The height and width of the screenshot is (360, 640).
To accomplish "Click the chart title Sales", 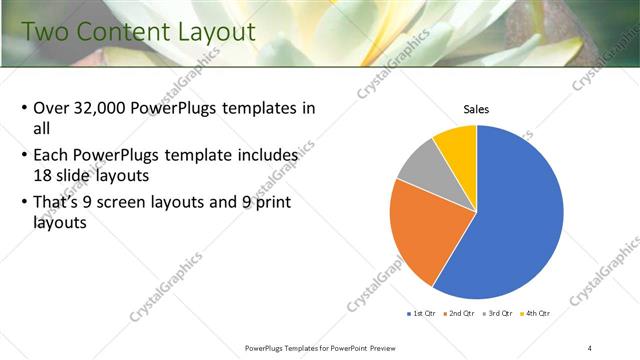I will coord(475,109).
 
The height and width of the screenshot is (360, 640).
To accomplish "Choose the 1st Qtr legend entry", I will coord(422,314).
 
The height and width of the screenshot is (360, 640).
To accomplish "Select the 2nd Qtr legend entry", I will coord(459,314).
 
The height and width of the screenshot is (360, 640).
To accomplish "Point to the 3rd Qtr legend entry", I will coord(497,314).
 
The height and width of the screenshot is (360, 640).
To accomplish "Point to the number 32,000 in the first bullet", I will coord(104,108).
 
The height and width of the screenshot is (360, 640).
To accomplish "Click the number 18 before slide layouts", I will coord(43,174).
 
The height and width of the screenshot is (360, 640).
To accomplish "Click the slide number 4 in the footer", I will coord(591,347).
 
